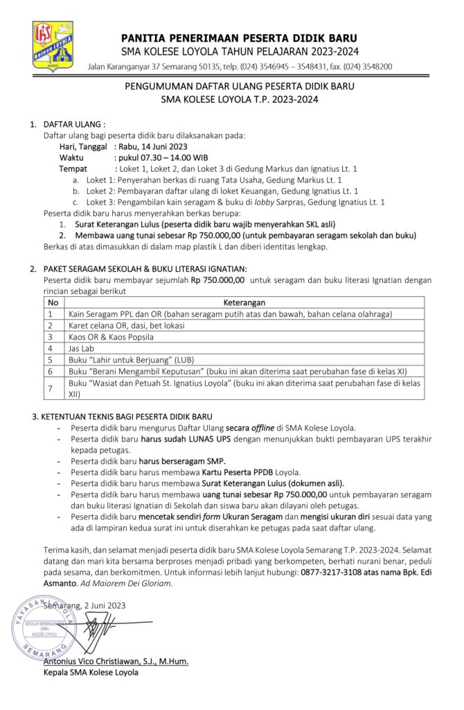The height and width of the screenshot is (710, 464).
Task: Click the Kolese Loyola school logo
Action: (x=53, y=45)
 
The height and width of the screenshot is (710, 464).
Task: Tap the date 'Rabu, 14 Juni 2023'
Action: (x=153, y=147)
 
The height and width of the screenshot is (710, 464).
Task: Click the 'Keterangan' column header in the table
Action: (x=244, y=302)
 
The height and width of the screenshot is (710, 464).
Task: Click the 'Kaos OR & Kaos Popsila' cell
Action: (x=111, y=337)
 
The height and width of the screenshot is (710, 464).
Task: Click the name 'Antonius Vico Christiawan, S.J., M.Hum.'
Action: (x=116, y=661)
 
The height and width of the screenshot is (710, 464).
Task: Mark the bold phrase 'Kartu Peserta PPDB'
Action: (x=238, y=471)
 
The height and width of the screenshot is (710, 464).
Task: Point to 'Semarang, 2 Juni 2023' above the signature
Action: (x=84, y=605)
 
